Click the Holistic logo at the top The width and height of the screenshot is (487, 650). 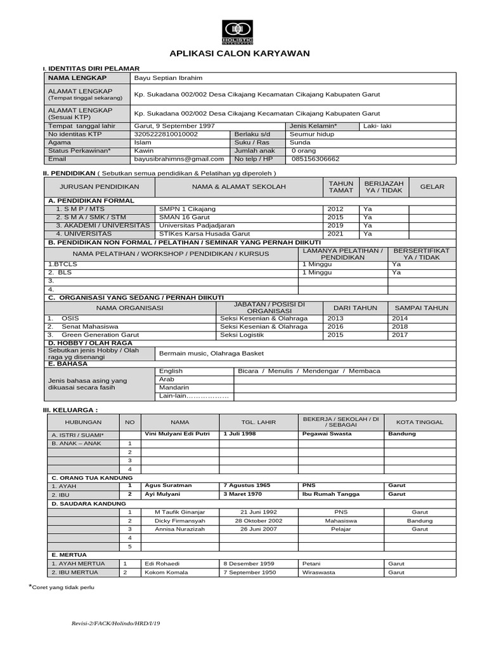[x=237, y=31]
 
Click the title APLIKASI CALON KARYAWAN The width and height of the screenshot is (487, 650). [x=239, y=53]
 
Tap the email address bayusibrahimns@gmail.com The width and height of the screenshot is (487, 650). [x=179, y=159]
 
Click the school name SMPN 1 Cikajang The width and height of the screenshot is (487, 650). [x=187, y=209]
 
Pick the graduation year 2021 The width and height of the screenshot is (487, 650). [x=335, y=234]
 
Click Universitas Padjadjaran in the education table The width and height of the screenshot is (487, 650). [x=197, y=225]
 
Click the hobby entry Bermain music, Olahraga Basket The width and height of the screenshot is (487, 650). [x=211, y=354]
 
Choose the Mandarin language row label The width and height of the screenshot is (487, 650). [x=174, y=388]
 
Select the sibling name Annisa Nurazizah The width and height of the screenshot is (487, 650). [x=179, y=529]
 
